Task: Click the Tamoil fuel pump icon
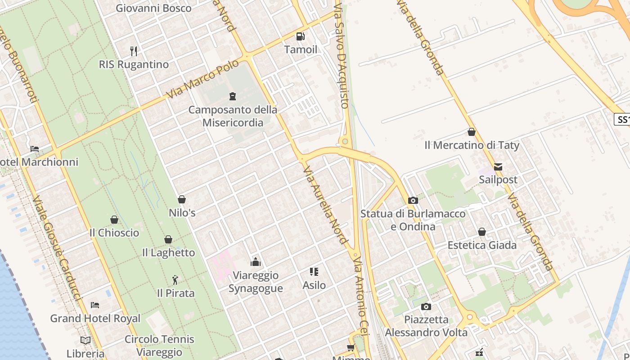point(300,36)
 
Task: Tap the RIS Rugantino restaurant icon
point(133,51)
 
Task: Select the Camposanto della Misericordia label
point(233,116)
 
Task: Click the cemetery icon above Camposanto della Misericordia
point(233,96)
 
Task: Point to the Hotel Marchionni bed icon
point(35,148)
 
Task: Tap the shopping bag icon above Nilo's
point(182,199)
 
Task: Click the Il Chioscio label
point(114,233)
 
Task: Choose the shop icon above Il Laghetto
point(168,239)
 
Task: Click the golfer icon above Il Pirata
point(175,280)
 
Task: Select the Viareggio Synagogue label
point(256,282)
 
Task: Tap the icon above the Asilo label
point(314,271)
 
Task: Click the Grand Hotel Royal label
point(95,319)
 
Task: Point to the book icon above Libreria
point(85,340)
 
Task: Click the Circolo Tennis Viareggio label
point(159,346)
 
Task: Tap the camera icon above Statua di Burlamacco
point(413,200)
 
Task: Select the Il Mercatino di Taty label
point(472,145)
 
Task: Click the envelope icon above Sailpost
point(498,166)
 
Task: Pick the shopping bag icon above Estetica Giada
point(482,232)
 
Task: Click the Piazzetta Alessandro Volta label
point(426,326)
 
